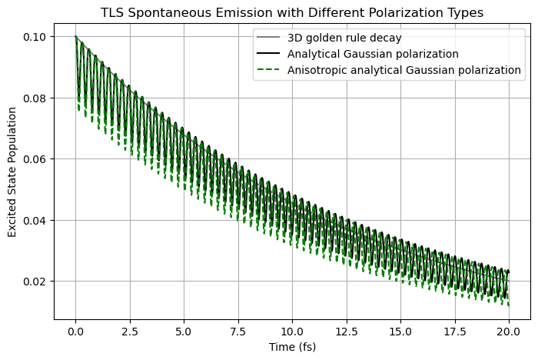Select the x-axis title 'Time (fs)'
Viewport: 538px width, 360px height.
[x=292, y=347]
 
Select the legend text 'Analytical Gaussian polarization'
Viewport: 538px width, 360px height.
[x=372, y=55]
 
